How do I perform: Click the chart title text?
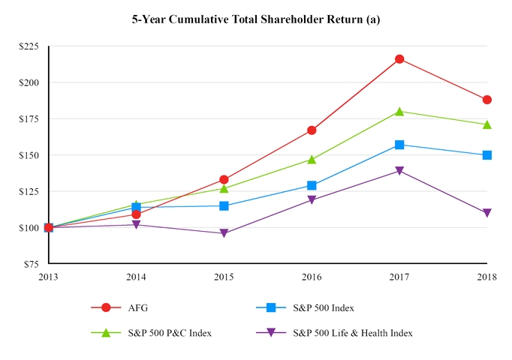(256, 19)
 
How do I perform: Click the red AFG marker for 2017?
(399, 59)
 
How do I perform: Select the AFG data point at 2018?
(487, 100)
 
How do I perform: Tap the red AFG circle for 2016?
(312, 130)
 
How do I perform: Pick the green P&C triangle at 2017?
(399, 112)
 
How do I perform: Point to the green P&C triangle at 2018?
(487, 124)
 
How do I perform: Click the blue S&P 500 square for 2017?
(399, 145)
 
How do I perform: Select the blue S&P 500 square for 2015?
(224, 205)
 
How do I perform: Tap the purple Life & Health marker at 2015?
(224, 233)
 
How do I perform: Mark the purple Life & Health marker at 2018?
(487, 213)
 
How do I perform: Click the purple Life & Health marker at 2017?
(399, 171)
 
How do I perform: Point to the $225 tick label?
(29, 46)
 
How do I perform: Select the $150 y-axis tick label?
(29, 155)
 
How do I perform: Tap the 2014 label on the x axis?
(136, 277)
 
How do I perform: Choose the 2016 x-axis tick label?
(312, 277)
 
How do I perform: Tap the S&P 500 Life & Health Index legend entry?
(352, 332)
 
